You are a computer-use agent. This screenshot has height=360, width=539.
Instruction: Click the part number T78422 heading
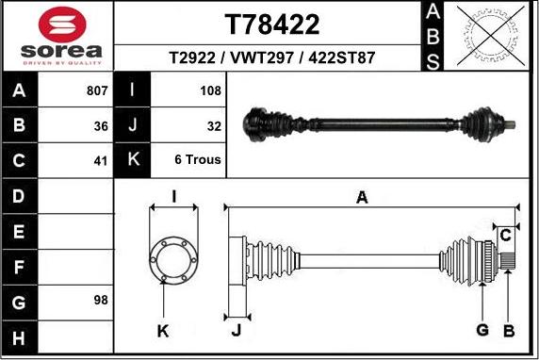point(272,24)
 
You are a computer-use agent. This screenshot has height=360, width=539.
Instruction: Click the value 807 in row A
point(97,91)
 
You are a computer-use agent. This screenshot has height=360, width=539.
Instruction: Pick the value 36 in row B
point(101,125)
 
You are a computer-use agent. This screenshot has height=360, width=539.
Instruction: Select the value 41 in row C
point(101,159)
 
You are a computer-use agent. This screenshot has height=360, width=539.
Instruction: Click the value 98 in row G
point(101,301)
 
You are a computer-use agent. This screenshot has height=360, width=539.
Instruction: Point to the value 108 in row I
point(210,91)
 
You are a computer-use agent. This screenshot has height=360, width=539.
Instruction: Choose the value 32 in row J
point(214,125)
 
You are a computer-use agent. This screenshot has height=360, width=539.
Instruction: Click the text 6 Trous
point(198,159)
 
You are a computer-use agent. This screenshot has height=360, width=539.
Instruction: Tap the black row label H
point(20,336)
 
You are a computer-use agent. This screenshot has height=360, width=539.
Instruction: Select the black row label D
point(20,196)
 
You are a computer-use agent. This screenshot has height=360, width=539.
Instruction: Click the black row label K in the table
point(132,159)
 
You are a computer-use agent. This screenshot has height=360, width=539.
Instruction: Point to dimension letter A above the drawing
point(361,196)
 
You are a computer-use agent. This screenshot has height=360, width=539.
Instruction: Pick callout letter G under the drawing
point(482,330)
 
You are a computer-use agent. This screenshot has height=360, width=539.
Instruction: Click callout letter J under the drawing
point(236,330)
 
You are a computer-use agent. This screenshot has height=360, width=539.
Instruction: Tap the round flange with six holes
point(172,256)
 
